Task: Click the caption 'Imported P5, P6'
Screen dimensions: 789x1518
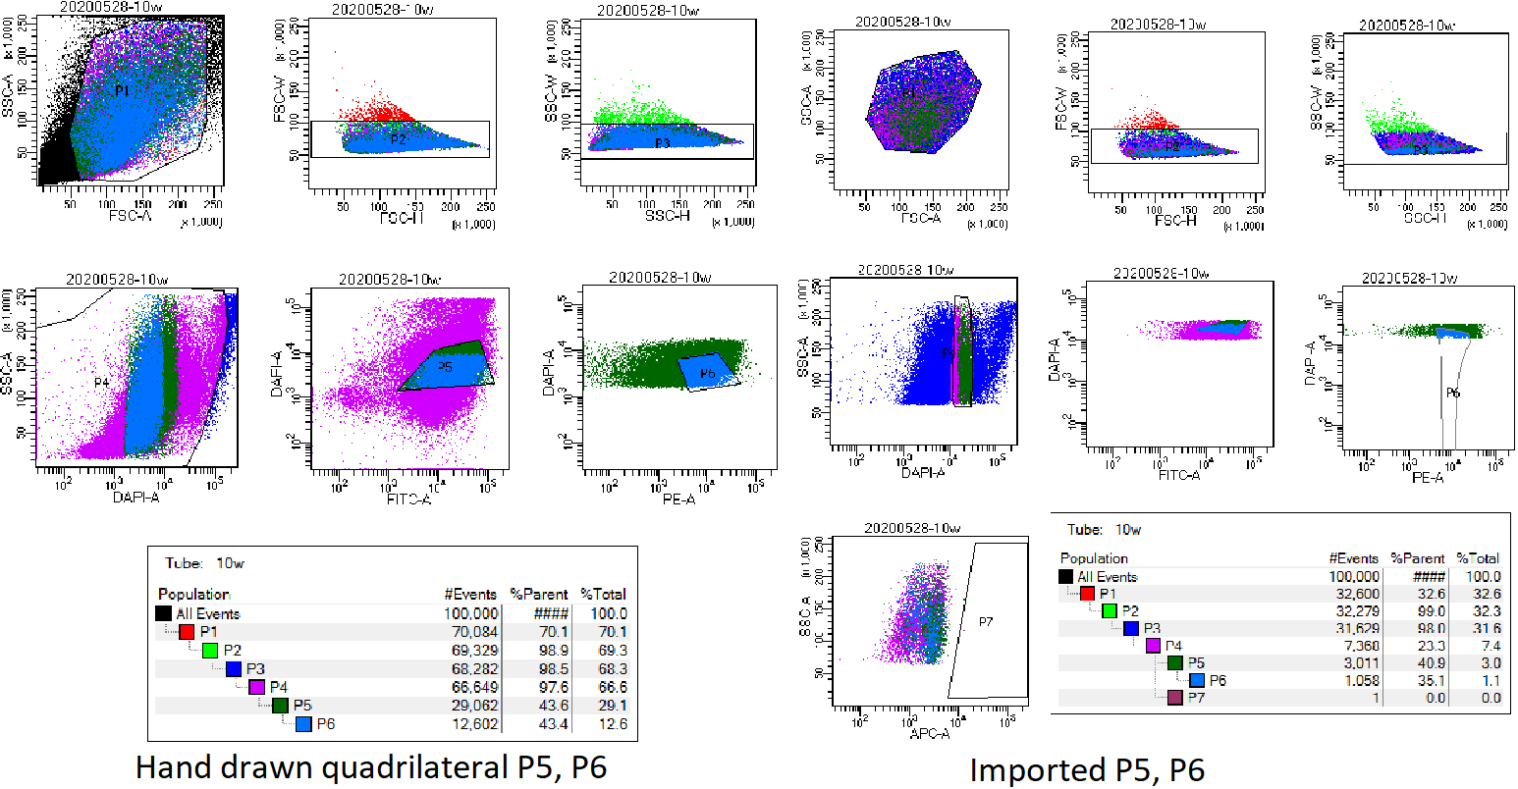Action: point(1087,769)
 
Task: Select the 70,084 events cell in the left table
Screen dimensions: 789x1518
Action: point(472,631)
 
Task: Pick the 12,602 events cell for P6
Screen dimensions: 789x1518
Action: point(472,724)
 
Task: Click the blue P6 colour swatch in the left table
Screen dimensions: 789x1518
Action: point(303,724)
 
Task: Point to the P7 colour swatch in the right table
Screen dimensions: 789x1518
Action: point(1173,698)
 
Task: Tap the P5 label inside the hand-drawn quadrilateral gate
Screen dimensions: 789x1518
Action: point(445,367)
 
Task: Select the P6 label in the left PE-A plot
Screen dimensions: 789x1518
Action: point(707,374)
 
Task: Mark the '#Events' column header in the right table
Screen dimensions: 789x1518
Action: point(1352,557)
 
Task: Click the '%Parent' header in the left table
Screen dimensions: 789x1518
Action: point(538,594)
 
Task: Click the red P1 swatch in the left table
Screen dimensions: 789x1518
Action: point(187,631)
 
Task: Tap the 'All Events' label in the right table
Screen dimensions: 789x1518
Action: point(1107,576)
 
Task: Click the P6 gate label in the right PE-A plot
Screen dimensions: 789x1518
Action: point(1453,392)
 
